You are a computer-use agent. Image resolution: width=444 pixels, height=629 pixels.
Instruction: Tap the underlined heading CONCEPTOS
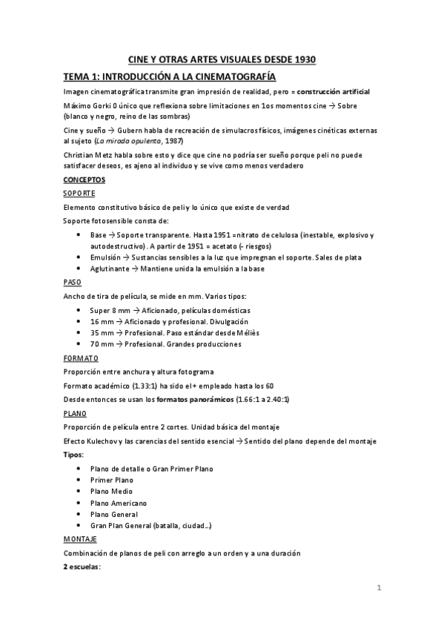85,180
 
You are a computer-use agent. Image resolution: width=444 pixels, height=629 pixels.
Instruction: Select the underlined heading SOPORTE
79,193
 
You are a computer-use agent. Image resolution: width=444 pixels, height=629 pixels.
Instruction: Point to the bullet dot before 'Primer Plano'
79,480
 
